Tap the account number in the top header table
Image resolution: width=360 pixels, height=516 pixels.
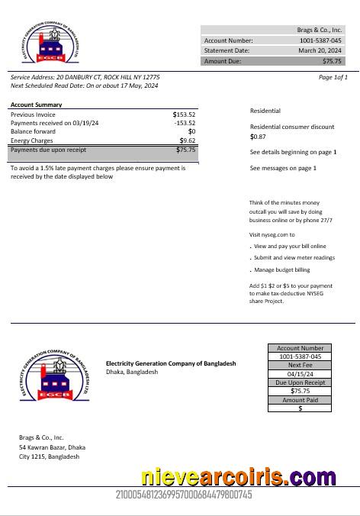320,40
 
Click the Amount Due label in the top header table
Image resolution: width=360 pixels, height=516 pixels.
221,60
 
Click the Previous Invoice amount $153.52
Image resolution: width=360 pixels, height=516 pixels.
184,114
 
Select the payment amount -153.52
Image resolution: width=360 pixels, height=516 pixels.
185,123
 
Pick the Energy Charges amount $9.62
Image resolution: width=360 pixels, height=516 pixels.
188,140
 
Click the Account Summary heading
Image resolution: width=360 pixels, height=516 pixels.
37,105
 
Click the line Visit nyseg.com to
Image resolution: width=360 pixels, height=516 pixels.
272,234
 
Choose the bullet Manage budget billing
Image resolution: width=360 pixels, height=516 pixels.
282,269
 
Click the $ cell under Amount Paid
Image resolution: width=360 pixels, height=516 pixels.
301,408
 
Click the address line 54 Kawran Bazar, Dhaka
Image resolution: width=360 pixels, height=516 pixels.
53,447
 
